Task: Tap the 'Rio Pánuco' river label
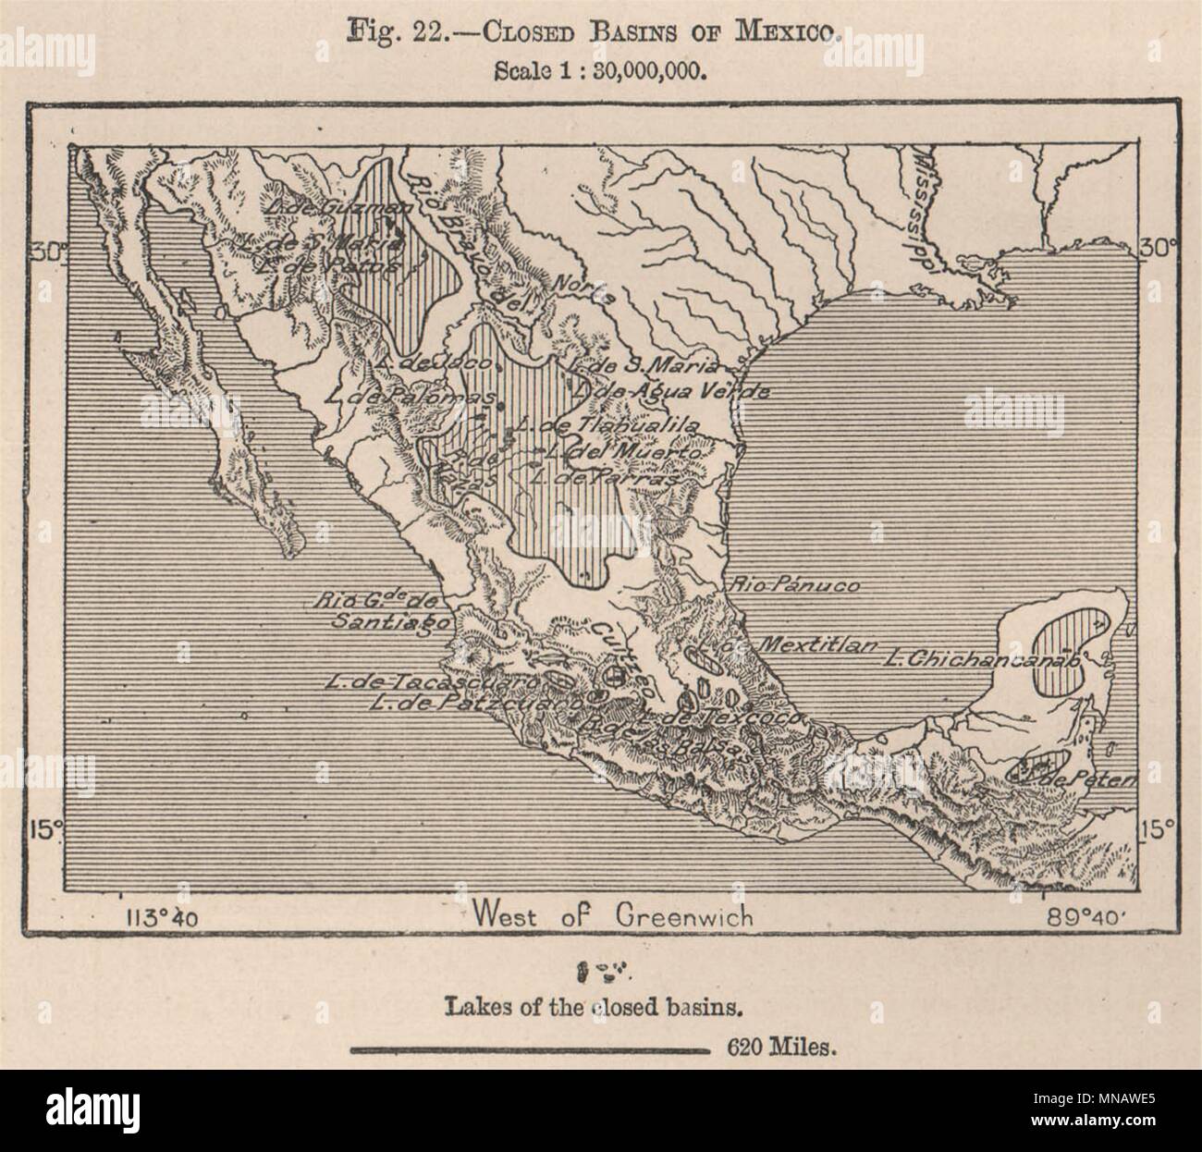[795, 585]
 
